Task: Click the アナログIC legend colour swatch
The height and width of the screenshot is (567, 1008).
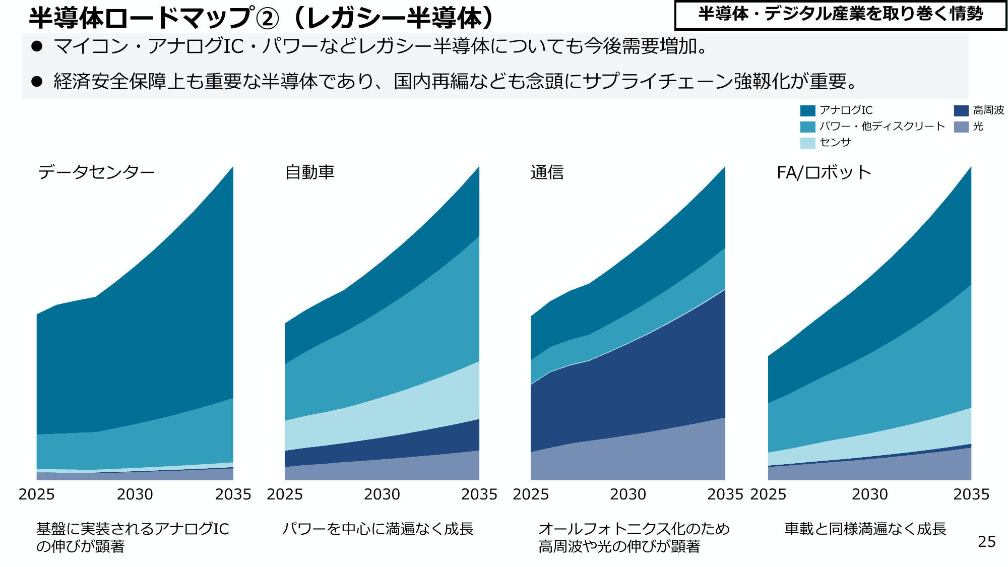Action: coord(807,111)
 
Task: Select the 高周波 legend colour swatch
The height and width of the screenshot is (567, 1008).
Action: coord(961,111)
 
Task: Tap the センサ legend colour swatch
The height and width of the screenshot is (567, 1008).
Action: coord(807,143)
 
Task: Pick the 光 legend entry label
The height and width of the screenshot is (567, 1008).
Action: coord(978,127)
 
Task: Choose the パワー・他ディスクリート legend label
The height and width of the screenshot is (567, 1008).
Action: coord(881,127)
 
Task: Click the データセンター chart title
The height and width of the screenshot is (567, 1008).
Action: coord(96,172)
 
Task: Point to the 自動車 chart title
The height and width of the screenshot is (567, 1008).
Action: coord(309,172)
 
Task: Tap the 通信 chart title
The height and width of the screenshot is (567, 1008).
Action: coord(547,172)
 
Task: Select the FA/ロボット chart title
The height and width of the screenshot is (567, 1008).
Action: coord(824,172)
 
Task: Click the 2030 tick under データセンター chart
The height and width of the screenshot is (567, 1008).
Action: coord(135,494)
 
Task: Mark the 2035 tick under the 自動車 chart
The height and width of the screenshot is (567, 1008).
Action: coord(479,494)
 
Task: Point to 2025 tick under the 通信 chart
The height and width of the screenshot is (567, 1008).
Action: coord(531,494)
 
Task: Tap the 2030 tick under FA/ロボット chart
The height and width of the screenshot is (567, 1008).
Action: coord(870,494)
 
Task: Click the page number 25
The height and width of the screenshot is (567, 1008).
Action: coord(986,542)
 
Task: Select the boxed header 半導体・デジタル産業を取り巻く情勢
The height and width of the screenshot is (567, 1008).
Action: coord(840,14)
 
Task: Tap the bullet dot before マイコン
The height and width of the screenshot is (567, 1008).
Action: coord(37,46)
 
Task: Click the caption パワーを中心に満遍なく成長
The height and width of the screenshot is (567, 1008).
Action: coord(377,529)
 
